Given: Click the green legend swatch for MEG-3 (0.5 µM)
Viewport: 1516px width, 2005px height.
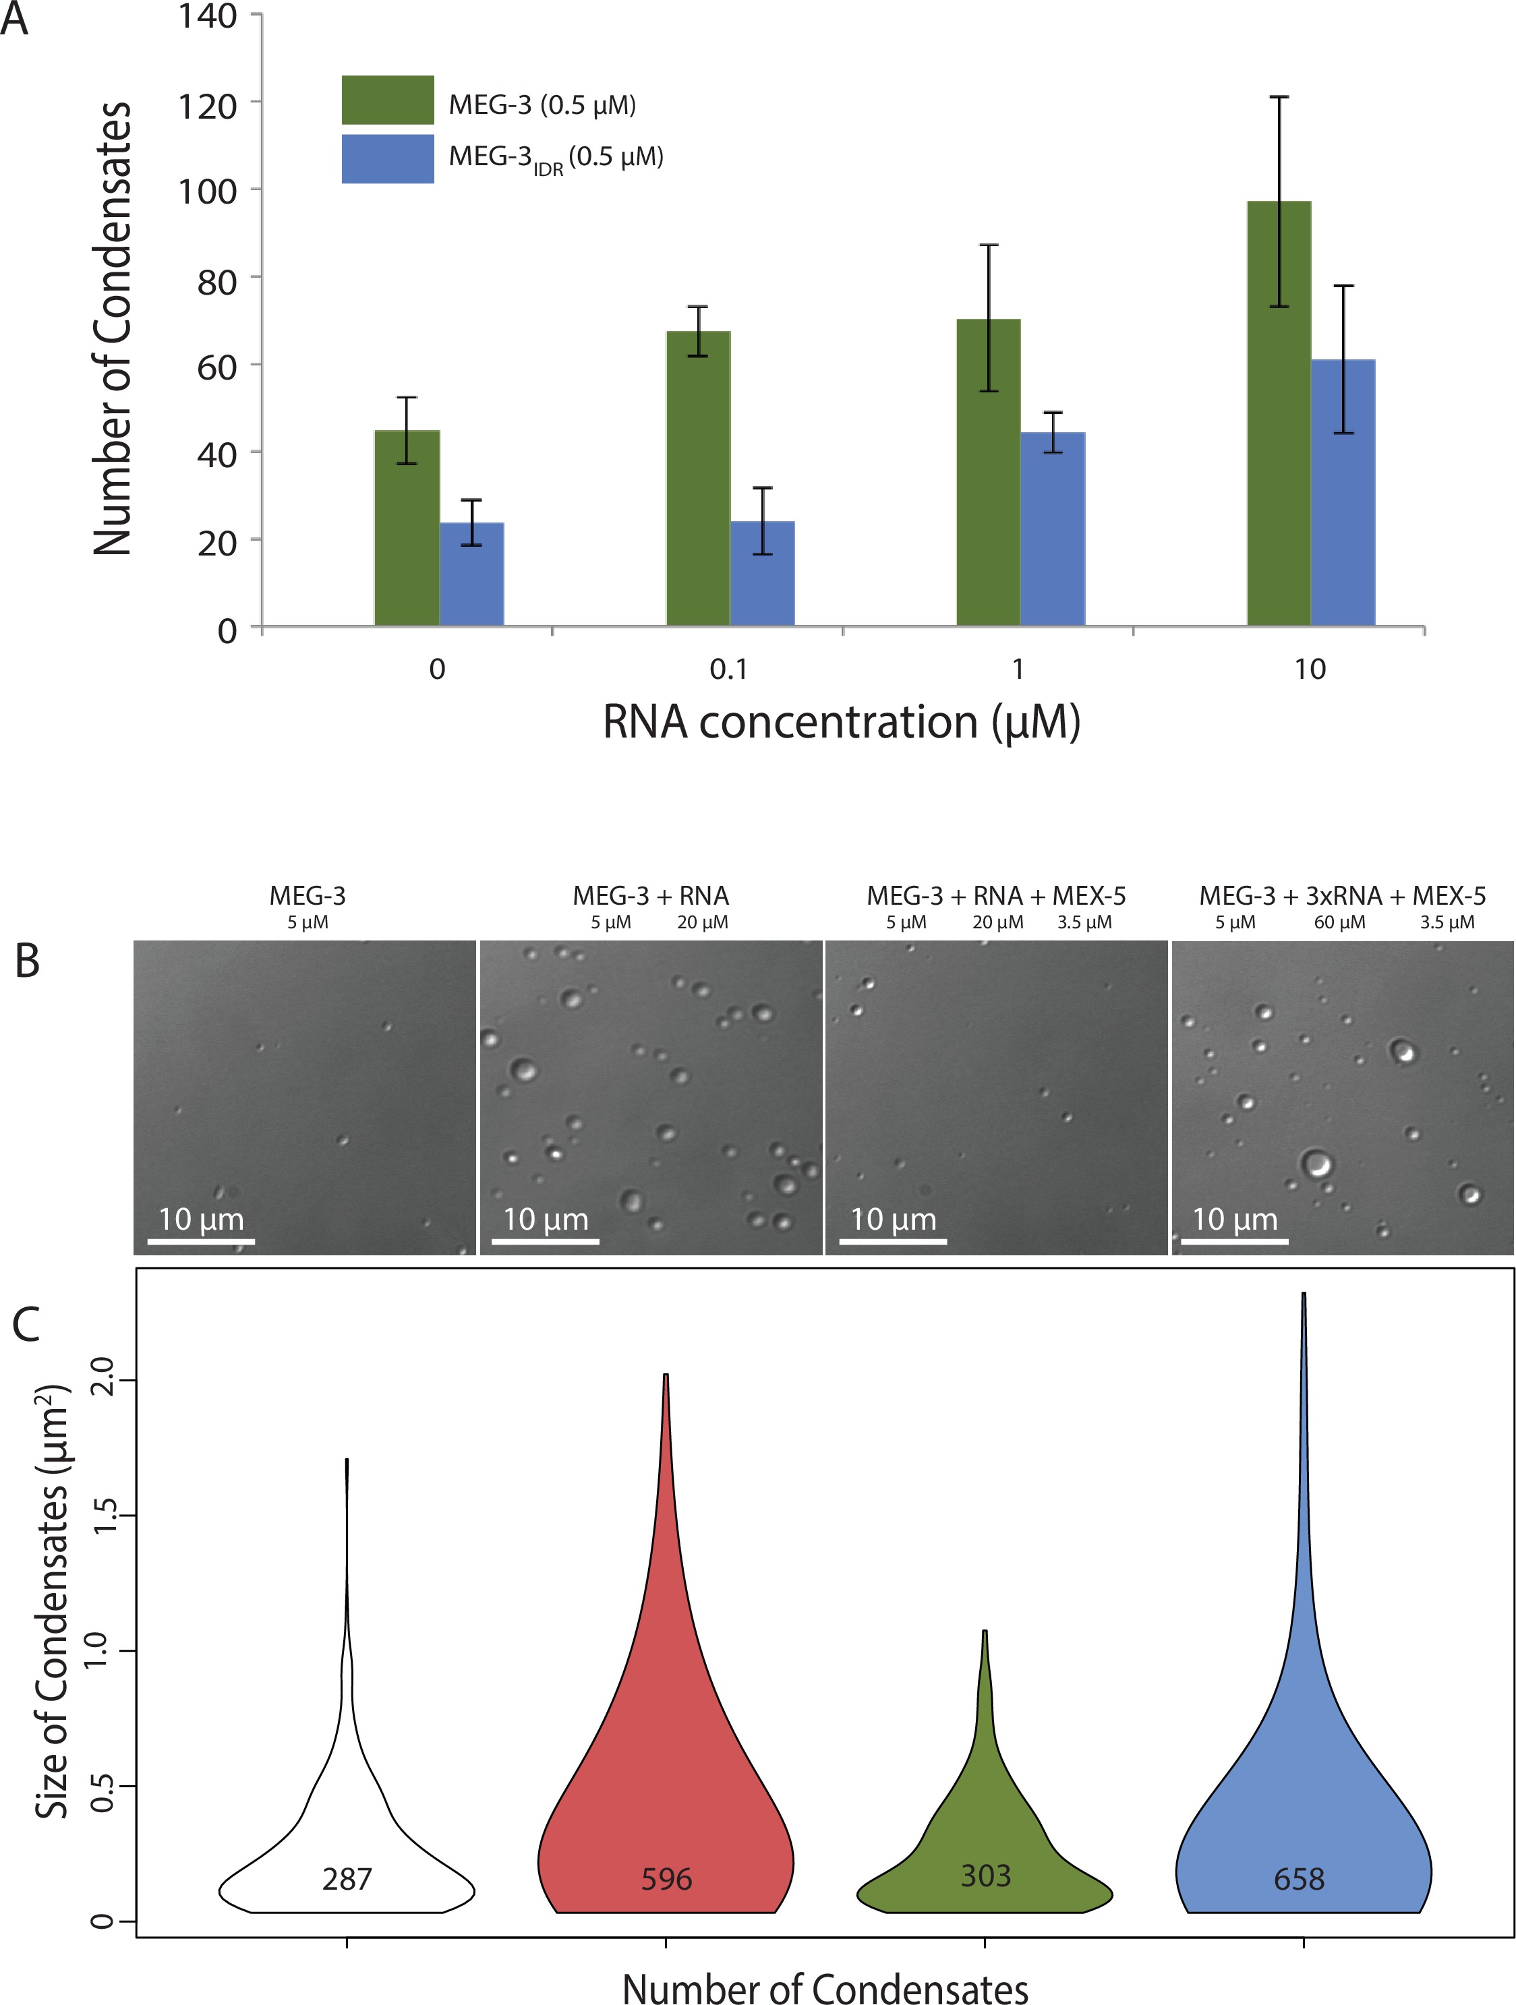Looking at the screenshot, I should click(387, 100).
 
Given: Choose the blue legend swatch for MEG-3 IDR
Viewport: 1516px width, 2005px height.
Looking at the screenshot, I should click(387, 158).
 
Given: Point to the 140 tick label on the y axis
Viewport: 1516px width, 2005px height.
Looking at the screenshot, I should click(208, 16).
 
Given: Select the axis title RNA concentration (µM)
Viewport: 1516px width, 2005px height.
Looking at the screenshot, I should click(842, 723).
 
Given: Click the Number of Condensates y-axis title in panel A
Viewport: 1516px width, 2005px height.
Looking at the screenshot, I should click(113, 328).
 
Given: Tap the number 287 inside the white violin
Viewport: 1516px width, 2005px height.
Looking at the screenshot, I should click(347, 1879).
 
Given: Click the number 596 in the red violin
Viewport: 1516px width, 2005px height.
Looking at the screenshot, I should click(666, 1879).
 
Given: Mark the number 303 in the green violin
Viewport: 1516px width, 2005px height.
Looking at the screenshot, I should click(985, 1876).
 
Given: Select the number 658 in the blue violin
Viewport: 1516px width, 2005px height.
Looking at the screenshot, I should click(1300, 1879).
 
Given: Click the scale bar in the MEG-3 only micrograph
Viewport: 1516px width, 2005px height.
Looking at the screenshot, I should click(200, 1240).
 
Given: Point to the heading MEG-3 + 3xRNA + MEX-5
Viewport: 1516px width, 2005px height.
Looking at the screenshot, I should click(1342, 895).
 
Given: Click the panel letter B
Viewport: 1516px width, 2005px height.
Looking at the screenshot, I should click(27, 961).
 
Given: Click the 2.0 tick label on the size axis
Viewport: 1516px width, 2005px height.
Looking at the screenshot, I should click(103, 1381).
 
